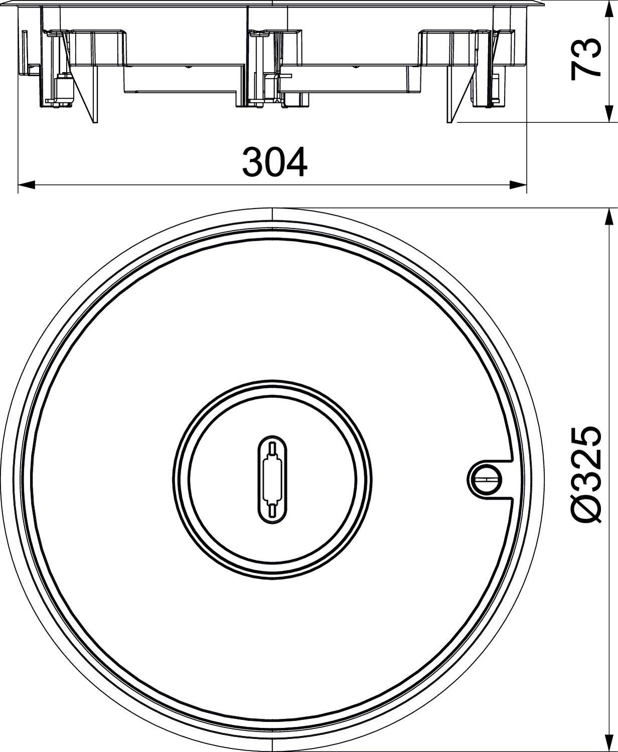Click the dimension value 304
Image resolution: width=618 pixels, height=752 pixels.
pyautogui.click(x=274, y=162)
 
